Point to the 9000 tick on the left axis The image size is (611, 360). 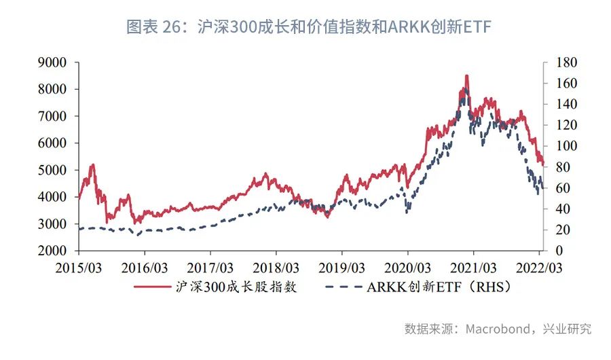click(x=52, y=62)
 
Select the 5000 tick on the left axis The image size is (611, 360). click(x=52, y=170)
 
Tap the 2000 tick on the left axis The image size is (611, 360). click(x=52, y=251)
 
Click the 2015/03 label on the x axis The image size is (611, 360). click(x=79, y=267)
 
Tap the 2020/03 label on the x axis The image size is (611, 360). click(x=407, y=267)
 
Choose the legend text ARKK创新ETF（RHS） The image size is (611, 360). click(x=439, y=287)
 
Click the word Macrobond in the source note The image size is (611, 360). click(x=498, y=329)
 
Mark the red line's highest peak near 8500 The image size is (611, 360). click(x=466, y=75)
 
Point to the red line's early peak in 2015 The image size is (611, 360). click(x=92, y=164)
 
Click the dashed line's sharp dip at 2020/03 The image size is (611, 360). click(x=407, y=212)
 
